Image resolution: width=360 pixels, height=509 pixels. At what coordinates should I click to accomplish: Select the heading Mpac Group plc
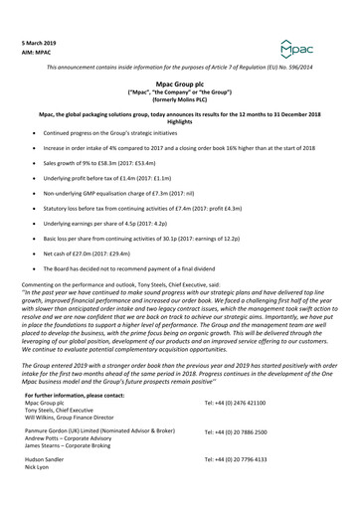click(179, 86)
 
